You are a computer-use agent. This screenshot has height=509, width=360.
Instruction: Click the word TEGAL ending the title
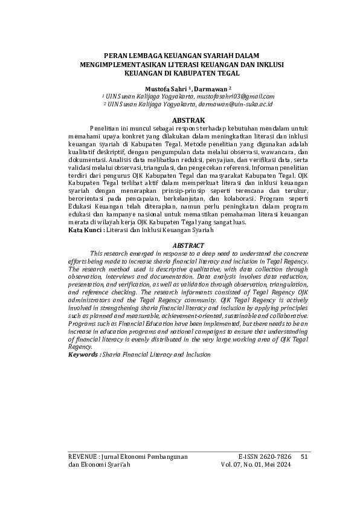pos(229,73)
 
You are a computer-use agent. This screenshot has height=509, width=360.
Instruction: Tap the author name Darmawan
pos(209,88)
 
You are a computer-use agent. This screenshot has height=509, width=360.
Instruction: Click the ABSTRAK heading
pos(188,120)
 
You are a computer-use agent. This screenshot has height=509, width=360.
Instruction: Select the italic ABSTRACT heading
pos(188,245)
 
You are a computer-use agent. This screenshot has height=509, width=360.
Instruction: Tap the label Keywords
pos(83,355)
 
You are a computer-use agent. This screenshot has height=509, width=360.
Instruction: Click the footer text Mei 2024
pos(278,465)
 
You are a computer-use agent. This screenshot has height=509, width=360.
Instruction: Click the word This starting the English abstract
pos(96,253)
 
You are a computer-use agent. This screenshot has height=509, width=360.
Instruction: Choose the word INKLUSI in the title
pos(271,63)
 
